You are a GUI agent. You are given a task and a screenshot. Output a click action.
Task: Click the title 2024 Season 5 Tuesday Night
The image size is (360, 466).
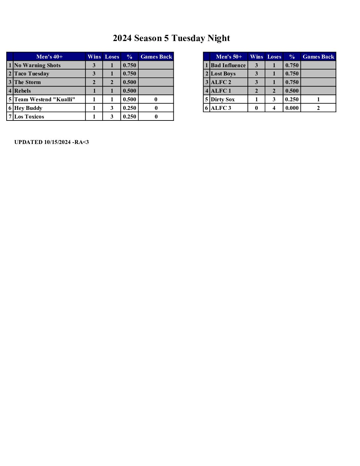171,38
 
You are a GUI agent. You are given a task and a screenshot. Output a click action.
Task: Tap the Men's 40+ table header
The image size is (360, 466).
49,57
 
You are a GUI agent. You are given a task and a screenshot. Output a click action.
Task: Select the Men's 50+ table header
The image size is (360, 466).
229,57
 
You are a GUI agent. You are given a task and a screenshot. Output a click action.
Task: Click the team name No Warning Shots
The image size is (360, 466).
37,65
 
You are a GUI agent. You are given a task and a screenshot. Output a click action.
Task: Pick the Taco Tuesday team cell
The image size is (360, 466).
32,73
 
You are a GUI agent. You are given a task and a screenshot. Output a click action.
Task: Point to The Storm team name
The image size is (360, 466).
27,82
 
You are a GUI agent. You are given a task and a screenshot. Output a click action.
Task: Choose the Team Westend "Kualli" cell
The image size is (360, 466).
45,99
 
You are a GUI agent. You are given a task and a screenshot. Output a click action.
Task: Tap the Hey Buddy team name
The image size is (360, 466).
28,108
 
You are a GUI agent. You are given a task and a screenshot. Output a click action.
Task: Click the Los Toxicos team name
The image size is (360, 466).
29,117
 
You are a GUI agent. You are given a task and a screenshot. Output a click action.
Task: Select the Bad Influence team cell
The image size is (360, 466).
228,65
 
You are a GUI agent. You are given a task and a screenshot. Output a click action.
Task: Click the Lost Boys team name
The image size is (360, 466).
223,73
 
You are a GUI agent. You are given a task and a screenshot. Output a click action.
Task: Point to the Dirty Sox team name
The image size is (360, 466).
223,99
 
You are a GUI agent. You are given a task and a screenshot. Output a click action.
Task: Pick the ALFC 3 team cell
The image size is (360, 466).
221,108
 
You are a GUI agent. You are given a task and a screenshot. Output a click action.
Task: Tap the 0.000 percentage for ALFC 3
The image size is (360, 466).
292,108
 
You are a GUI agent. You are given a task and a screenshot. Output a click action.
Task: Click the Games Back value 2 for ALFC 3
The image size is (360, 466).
318,108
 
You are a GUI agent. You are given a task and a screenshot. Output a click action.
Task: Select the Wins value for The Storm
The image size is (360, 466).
94,82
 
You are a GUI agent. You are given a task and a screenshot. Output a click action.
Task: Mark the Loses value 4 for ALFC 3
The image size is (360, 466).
274,108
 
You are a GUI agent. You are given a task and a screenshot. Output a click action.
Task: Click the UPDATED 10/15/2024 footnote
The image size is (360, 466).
52,142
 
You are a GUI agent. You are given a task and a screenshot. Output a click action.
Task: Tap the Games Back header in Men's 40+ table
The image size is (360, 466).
156,57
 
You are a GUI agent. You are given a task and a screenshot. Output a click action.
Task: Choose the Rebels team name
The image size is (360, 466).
22,91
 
